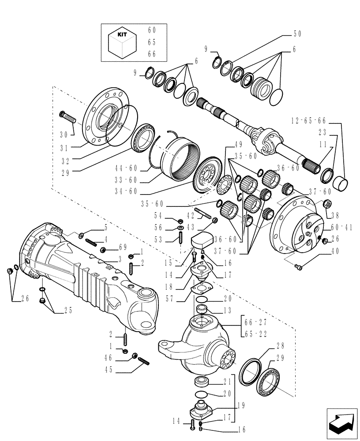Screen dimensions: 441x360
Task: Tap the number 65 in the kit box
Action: point(152,42)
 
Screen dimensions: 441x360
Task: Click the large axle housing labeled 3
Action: point(84,269)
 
